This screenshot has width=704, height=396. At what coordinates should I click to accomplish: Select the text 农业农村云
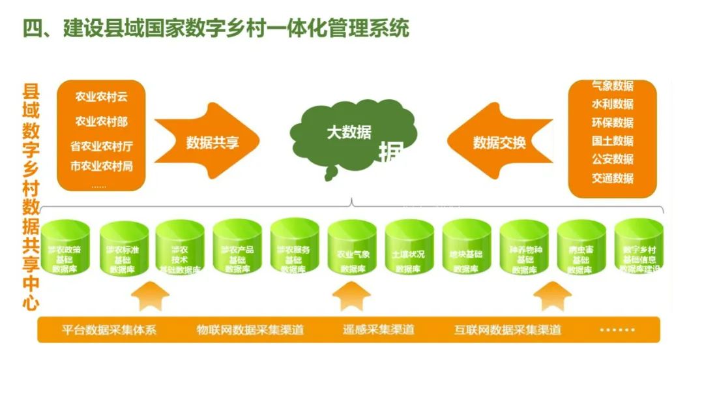[x=101, y=97]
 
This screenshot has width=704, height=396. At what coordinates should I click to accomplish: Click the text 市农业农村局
[x=101, y=166]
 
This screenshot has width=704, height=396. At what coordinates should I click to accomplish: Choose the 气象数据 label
[x=612, y=86]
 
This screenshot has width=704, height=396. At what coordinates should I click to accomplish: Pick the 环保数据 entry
[x=612, y=123]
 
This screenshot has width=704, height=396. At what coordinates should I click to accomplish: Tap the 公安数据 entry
[x=612, y=159]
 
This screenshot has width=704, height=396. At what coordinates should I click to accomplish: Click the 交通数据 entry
[x=612, y=177]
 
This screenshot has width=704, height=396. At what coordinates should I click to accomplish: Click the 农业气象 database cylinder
[x=353, y=250]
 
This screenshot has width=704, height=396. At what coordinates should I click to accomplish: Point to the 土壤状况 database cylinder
[x=409, y=250]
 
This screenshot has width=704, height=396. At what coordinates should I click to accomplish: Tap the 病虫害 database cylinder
[x=581, y=250]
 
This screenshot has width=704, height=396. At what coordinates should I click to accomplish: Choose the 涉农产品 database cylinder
[x=237, y=250]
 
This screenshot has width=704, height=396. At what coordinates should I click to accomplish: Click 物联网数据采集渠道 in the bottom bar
[x=250, y=329]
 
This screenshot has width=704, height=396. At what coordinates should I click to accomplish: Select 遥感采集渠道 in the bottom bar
[x=379, y=329]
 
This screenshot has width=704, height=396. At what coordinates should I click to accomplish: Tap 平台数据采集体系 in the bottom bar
[x=110, y=329]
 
